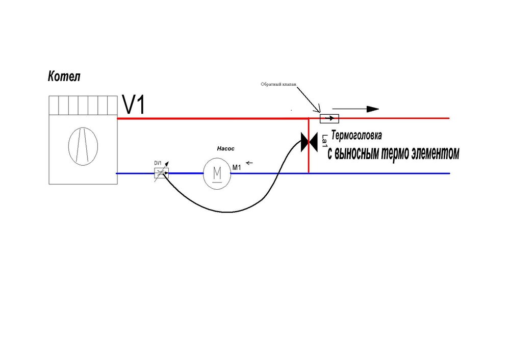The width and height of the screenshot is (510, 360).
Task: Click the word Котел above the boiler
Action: point(64,77)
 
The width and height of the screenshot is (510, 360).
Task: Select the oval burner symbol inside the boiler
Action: point(82,146)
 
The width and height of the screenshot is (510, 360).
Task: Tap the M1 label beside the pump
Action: point(236,167)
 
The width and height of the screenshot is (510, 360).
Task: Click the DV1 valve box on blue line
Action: point(161,173)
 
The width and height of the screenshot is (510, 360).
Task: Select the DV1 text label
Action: point(158,163)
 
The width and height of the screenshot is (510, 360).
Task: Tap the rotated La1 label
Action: point(324,141)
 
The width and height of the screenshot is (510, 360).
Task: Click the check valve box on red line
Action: point(329,119)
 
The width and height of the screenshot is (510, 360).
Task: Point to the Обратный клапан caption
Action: point(278,85)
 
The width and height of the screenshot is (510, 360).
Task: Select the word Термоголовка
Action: point(356,137)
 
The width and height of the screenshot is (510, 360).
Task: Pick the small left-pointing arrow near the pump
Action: point(249,164)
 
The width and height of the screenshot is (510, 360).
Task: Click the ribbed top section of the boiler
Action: point(83,106)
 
